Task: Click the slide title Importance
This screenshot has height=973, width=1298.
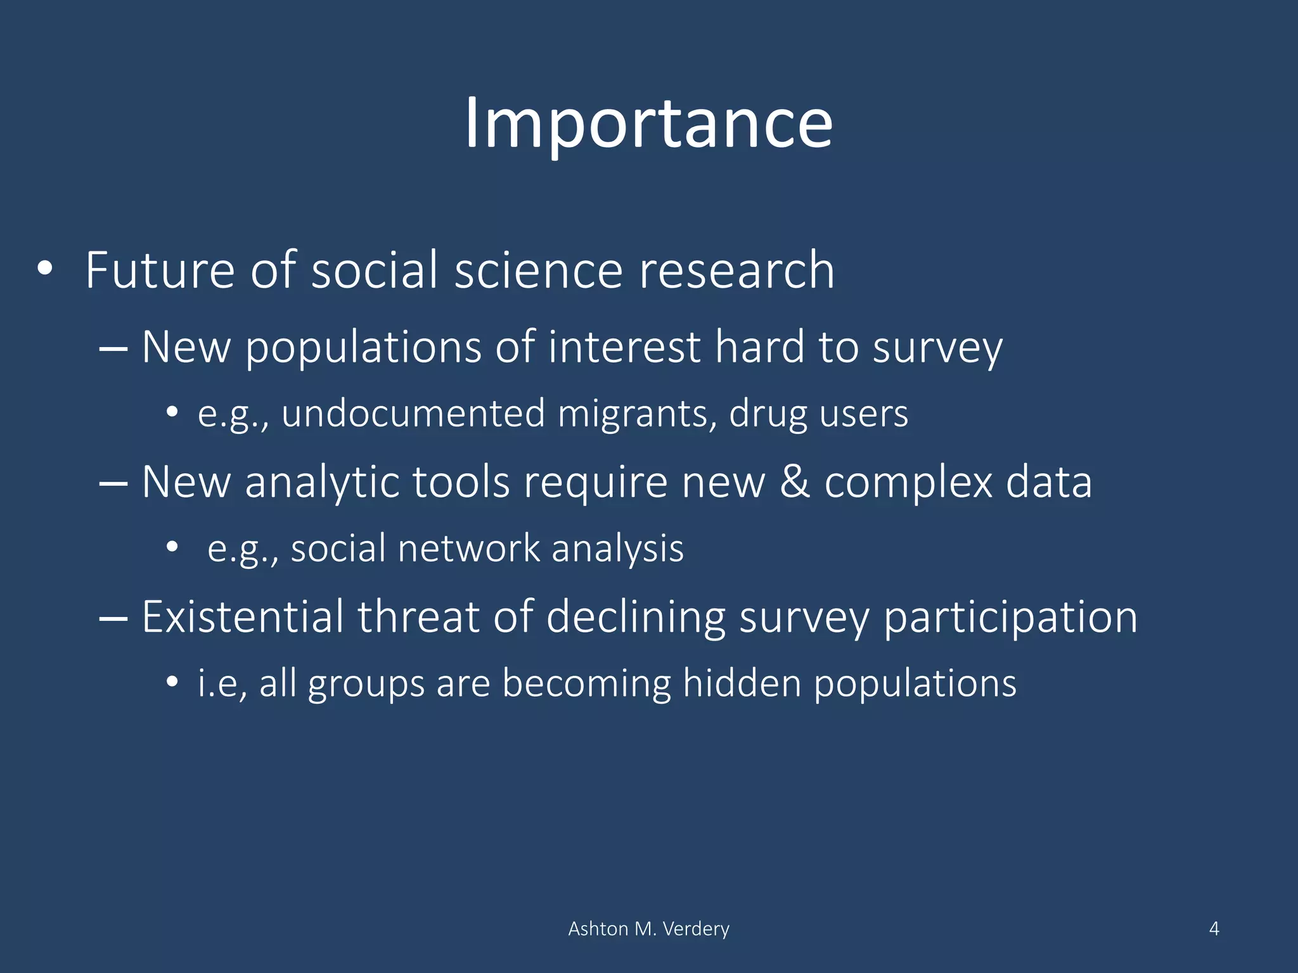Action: point(648,124)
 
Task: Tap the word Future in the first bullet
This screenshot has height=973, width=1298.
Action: point(160,270)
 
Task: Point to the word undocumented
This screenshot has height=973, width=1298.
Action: point(413,414)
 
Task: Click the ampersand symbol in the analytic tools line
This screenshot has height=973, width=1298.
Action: point(795,482)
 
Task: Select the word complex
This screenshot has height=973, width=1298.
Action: point(908,483)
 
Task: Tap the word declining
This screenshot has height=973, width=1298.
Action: point(636,618)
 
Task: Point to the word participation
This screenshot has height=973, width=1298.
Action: point(1010,618)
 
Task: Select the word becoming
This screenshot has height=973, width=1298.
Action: point(586,684)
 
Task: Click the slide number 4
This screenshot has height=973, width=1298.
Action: point(1214,929)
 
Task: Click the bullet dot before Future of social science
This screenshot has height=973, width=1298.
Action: point(44,269)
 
